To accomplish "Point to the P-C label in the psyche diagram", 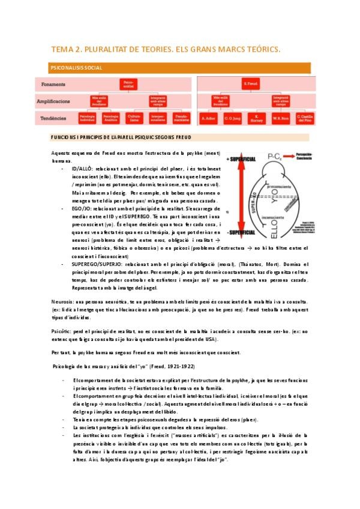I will pyautogui.click(x=278, y=158).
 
